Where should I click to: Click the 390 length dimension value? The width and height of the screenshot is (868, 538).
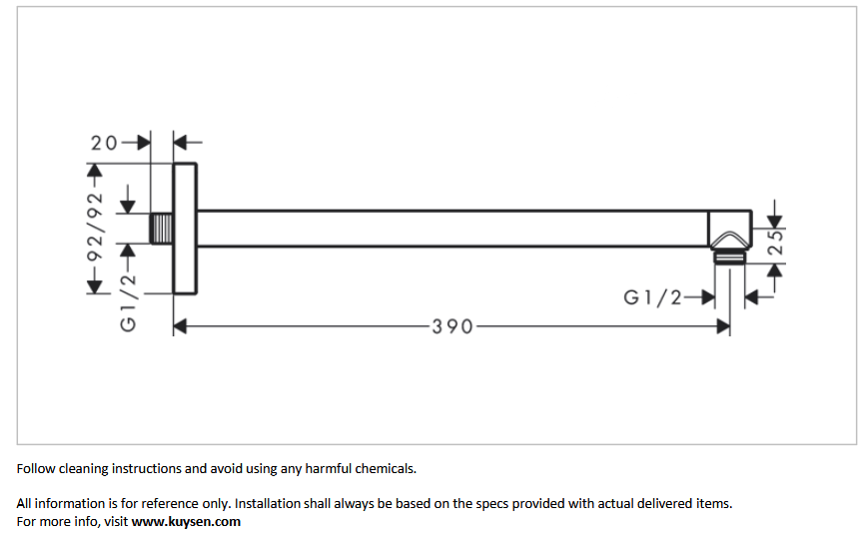click(x=452, y=326)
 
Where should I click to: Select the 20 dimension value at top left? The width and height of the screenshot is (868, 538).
click(x=104, y=143)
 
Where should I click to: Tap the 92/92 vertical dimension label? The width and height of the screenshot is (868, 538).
click(x=95, y=227)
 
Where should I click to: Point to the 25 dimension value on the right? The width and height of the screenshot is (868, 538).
click(x=776, y=242)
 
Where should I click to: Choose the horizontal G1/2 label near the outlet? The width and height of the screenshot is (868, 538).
click(x=652, y=297)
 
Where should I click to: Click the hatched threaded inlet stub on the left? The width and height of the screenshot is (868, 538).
click(x=162, y=229)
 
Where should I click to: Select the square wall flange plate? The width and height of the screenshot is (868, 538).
click(x=185, y=229)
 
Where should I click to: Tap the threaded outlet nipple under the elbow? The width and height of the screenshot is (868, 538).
click(x=729, y=258)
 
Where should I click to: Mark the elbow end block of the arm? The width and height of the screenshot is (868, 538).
click(x=730, y=230)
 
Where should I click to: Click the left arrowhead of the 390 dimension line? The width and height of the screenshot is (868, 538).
click(x=180, y=326)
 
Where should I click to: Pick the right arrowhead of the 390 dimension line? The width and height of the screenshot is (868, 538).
click(x=723, y=326)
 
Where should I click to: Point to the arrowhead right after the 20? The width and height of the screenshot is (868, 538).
click(x=144, y=143)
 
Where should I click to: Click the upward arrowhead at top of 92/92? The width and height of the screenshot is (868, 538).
click(x=95, y=171)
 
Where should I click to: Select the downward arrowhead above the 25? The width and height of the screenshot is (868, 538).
click(x=775, y=222)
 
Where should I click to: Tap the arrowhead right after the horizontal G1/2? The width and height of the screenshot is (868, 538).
click(x=707, y=297)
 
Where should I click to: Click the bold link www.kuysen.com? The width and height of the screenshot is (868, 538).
click(x=186, y=521)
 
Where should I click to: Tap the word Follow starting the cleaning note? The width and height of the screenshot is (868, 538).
click(x=36, y=469)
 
